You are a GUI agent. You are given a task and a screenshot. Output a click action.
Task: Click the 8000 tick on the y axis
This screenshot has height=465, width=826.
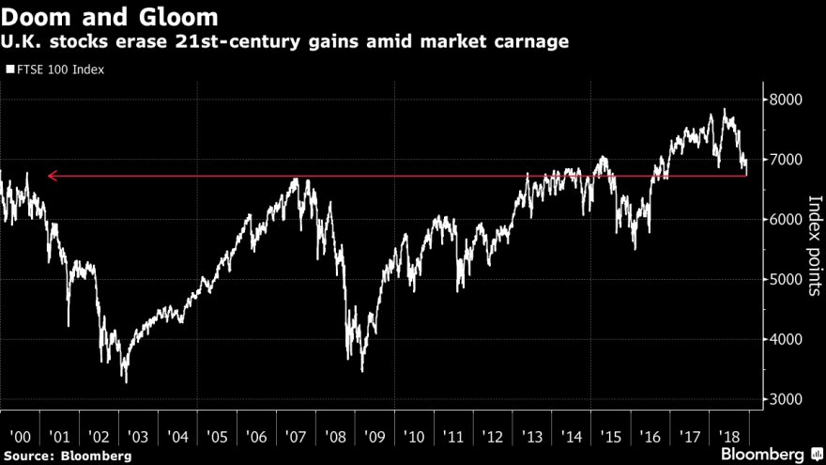[x=784, y=100]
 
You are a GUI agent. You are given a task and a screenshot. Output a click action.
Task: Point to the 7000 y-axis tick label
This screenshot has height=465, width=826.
[x=784, y=160]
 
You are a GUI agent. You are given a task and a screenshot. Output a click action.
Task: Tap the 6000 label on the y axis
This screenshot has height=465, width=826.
[x=784, y=220]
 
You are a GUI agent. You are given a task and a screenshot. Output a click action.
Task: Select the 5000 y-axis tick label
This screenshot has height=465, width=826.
[x=784, y=279]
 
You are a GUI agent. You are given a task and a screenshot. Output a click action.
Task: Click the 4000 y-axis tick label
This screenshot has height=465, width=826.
[x=784, y=339]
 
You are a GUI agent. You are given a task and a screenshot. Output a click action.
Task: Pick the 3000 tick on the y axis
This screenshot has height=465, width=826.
[x=784, y=399]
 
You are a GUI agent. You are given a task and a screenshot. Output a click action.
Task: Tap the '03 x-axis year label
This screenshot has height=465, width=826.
[x=138, y=437]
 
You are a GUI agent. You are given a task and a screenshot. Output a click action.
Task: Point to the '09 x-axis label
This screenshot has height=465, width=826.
[x=374, y=437]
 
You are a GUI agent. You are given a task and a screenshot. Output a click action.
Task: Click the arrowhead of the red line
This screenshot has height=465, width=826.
[x=53, y=175]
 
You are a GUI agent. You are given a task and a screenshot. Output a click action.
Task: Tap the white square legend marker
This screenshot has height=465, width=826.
[x=10, y=69]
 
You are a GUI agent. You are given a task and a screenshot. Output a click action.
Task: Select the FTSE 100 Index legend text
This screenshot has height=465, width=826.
[x=58, y=69]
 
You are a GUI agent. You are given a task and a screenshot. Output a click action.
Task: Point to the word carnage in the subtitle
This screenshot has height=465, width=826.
[x=528, y=43]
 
